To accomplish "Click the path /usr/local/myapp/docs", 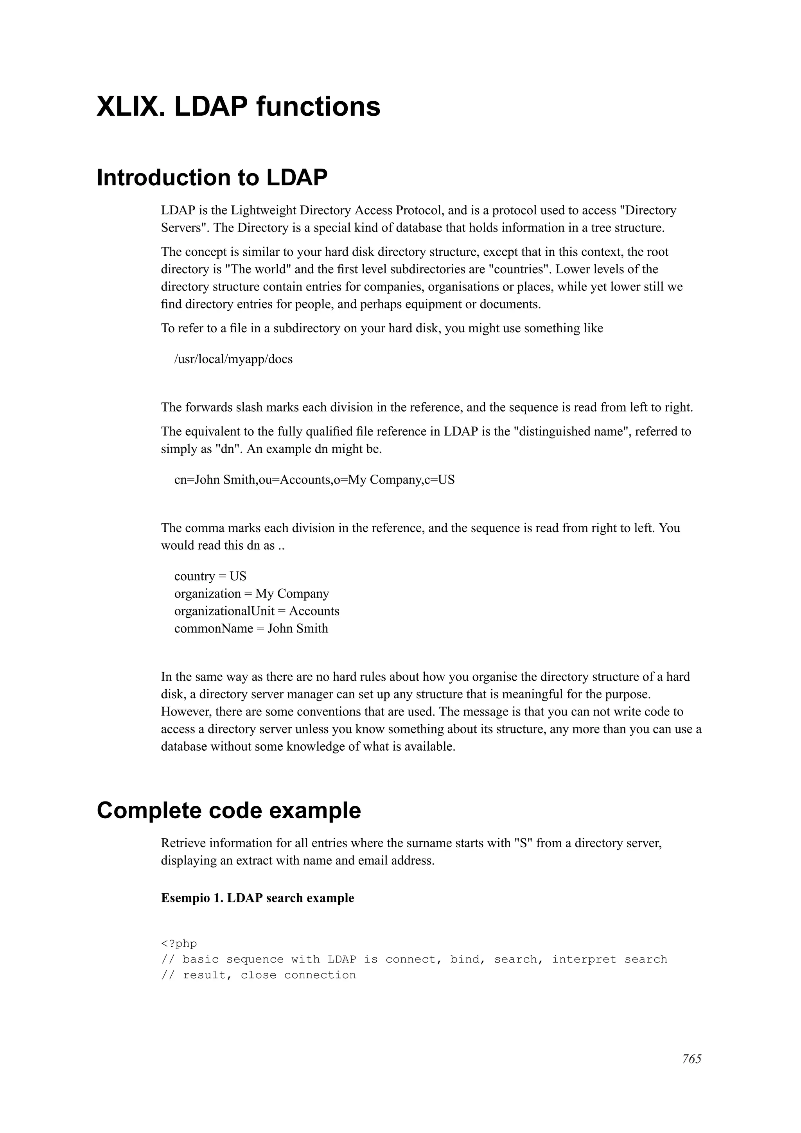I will click(233, 359).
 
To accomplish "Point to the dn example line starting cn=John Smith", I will click(314, 480).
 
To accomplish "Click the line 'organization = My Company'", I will click(251, 593).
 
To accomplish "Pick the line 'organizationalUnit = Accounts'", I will click(256, 611).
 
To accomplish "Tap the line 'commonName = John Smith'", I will click(251, 629).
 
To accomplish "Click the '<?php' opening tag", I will click(179, 943).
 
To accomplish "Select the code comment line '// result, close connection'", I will click(258, 975).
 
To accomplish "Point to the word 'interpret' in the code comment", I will click(584, 959).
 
